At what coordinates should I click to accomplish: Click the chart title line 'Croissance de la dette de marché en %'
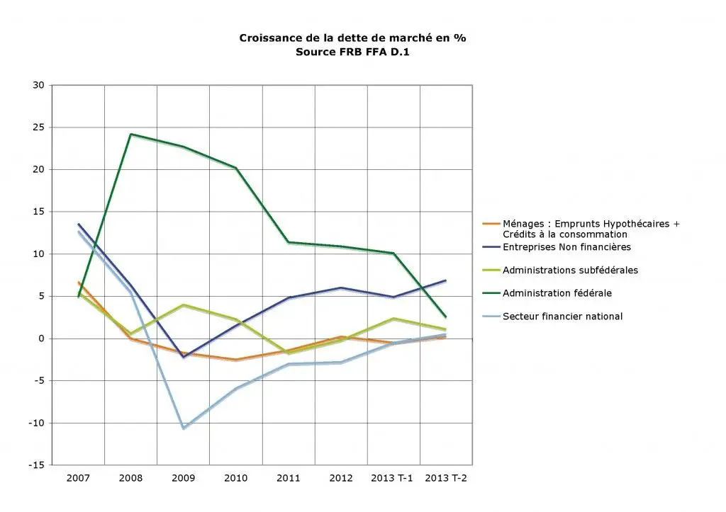pyautogui.click(x=352, y=38)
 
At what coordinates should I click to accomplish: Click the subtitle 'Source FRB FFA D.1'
pyautogui.click(x=352, y=52)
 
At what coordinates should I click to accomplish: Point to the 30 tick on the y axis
pyautogui.click(x=39, y=85)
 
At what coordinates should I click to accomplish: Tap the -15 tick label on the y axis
pyautogui.click(x=37, y=465)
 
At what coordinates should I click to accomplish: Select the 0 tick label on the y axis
pyautogui.click(x=42, y=339)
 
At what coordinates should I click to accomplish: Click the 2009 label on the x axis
pyautogui.click(x=184, y=478)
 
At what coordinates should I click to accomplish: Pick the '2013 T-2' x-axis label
pyautogui.click(x=446, y=478)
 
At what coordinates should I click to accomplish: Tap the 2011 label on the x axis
pyautogui.click(x=289, y=478)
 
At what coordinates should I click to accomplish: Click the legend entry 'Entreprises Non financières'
pyautogui.click(x=566, y=247)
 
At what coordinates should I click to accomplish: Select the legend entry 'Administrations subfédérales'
pyautogui.click(x=571, y=270)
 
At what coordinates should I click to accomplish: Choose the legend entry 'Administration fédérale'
pyautogui.click(x=557, y=293)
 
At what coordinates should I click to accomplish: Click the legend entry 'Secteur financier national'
pyautogui.click(x=562, y=317)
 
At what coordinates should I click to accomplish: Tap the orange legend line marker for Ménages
pyautogui.click(x=491, y=224)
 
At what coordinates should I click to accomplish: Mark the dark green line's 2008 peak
pyautogui.click(x=131, y=134)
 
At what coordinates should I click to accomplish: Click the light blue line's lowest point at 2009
pyautogui.click(x=184, y=428)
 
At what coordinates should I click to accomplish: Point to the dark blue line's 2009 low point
pyautogui.click(x=184, y=357)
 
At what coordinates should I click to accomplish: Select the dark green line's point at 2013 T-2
pyautogui.click(x=445, y=317)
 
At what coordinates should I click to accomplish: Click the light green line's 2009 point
pyautogui.click(x=184, y=305)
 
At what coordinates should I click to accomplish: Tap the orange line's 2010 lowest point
pyautogui.click(x=235, y=360)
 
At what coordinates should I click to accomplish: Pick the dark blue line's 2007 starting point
pyautogui.click(x=78, y=224)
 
